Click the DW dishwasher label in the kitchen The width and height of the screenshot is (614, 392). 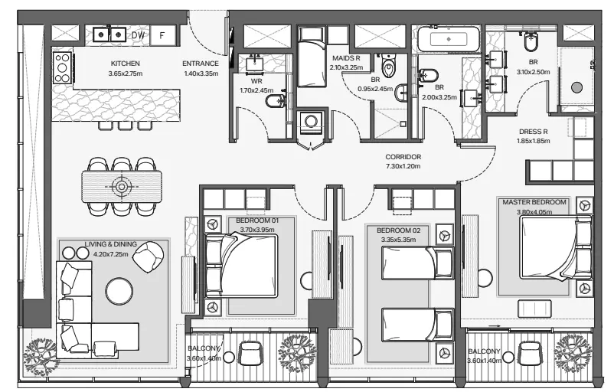point(138,35)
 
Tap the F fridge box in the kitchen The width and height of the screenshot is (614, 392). point(162,36)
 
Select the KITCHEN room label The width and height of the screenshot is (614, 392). point(126,64)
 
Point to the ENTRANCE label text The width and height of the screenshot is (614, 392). point(201,64)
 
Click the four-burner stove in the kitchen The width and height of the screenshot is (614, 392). point(62,67)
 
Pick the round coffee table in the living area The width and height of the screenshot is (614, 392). point(119,291)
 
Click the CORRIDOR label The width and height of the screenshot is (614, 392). point(403,157)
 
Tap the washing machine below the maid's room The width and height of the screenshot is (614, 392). point(312,122)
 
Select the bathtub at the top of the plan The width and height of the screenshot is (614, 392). point(449,39)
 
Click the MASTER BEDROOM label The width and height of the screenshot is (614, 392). point(534,202)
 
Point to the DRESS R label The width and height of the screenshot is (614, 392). point(534,132)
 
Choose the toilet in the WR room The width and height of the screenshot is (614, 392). point(275,101)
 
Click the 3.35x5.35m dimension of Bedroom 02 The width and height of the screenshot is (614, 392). point(399,240)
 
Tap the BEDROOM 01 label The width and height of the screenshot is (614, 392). point(257,220)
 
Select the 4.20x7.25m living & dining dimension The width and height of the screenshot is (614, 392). point(111,254)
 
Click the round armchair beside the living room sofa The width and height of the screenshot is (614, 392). point(148,256)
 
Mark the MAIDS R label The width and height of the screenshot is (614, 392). point(346,58)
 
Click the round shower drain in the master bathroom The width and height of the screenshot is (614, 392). point(576,87)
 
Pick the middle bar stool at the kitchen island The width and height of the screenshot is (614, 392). point(126,126)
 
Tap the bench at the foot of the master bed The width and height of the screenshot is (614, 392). point(534,309)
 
